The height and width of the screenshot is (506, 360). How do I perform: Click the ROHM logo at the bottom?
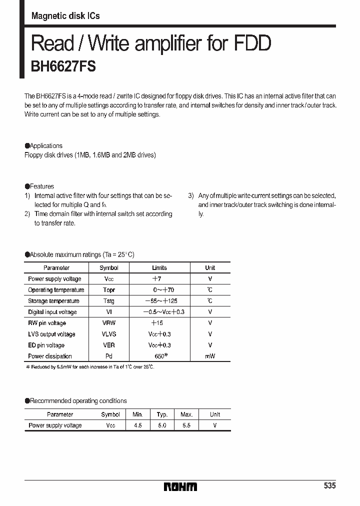(x=180, y=486)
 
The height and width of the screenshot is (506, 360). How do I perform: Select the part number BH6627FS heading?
(x=63, y=66)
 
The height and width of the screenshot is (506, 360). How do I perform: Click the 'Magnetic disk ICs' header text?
(x=65, y=16)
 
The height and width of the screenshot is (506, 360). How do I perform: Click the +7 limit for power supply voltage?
(x=156, y=279)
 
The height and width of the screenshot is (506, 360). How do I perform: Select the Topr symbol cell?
(x=109, y=290)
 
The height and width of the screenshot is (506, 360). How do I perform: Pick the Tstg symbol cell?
(x=108, y=301)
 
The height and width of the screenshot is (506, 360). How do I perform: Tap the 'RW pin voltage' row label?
(x=47, y=323)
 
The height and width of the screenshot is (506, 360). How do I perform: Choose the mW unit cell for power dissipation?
(x=210, y=356)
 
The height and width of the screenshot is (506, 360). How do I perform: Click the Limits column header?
(x=159, y=268)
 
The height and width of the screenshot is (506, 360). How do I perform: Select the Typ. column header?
(x=162, y=414)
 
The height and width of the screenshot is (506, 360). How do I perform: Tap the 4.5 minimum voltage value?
(x=137, y=425)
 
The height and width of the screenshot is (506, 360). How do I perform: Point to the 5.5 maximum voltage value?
(x=186, y=425)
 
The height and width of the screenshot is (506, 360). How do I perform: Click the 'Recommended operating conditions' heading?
(x=78, y=401)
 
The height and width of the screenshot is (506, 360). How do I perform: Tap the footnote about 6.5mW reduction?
(x=90, y=367)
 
